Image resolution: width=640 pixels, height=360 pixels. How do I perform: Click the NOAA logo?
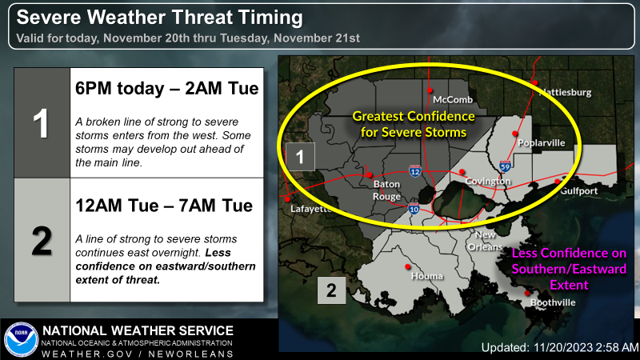tap(22, 339)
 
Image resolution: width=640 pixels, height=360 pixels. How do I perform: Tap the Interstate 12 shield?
tap(415, 171)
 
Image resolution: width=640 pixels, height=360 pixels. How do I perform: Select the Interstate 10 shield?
tap(414, 209)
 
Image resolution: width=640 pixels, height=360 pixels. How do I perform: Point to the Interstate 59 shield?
tap(505, 166)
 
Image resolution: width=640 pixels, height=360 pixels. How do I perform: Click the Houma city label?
tap(427, 276)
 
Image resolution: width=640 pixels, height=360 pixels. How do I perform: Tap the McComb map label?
tap(453, 99)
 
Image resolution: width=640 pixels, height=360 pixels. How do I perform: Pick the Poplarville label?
tap(542, 143)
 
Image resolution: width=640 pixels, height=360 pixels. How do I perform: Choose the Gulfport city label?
tap(578, 190)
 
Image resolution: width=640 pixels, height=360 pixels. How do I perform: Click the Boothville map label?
tap(553, 302)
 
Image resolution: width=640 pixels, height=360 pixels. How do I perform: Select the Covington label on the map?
tap(488, 182)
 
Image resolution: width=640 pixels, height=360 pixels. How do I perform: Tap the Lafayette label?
tap(311, 209)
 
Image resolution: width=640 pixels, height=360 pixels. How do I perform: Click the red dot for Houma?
tap(407, 266)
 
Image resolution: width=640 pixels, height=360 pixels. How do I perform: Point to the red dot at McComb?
tap(430, 90)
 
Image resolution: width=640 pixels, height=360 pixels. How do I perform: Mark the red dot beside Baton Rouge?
tap(370, 174)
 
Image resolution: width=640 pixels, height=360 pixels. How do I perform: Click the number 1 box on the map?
tap(300, 157)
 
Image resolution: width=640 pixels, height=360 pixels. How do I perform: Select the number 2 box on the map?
tap(331, 290)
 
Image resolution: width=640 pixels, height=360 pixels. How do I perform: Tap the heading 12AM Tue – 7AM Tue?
tap(164, 206)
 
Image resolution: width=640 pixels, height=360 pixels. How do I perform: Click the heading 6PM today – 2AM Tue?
tap(167, 89)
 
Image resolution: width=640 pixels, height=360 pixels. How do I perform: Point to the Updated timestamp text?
tap(560, 347)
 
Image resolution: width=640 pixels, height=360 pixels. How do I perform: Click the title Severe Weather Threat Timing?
tap(159, 18)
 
